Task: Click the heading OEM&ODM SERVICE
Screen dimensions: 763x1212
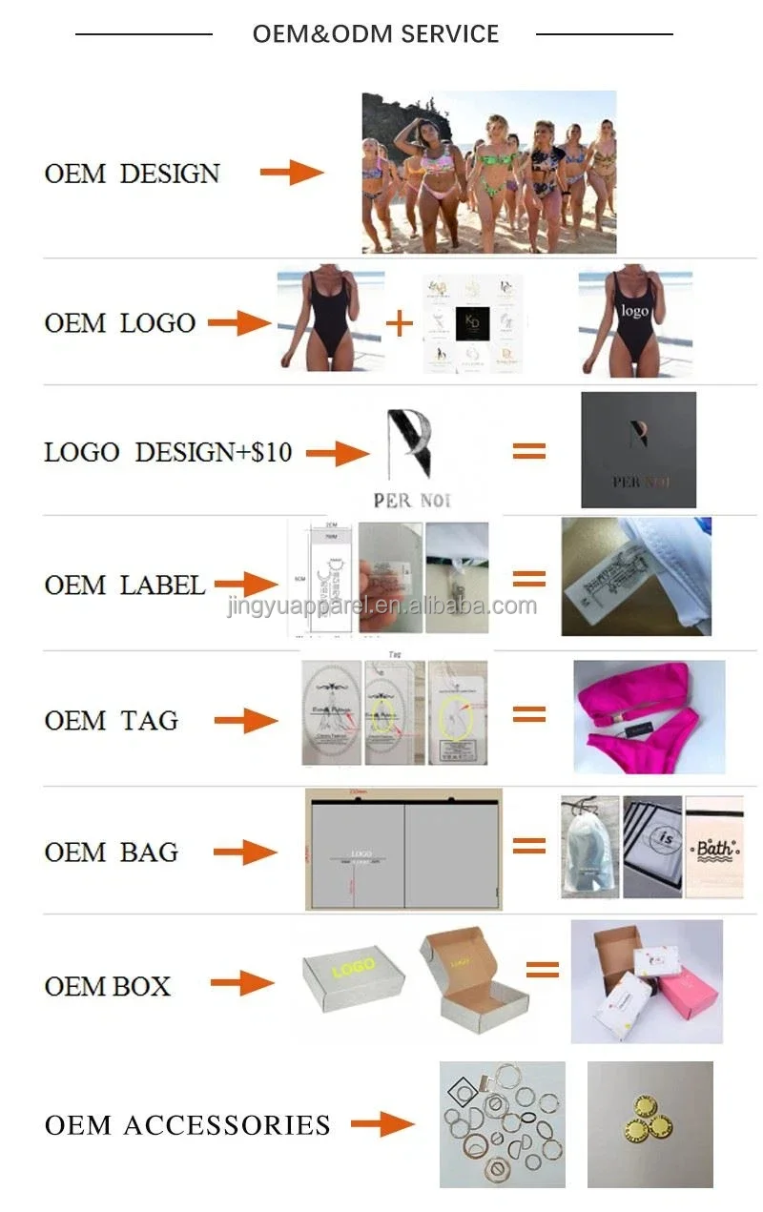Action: pyautogui.click(x=375, y=34)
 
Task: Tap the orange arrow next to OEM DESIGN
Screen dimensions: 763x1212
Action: pyautogui.click(x=292, y=173)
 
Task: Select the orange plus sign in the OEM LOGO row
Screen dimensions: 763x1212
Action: pyautogui.click(x=400, y=323)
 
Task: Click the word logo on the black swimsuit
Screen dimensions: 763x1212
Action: pyautogui.click(x=635, y=312)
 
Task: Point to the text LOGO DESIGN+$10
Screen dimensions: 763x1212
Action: pyautogui.click(x=168, y=452)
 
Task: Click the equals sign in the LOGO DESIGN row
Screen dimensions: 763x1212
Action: pyautogui.click(x=529, y=452)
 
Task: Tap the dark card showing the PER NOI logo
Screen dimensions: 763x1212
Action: pyautogui.click(x=638, y=450)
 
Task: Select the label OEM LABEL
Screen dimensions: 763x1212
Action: pyautogui.click(x=124, y=585)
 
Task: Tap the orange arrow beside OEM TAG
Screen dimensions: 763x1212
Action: pyautogui.click(x=245, y=721)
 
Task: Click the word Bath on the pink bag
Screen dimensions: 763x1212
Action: pyautogui.click(x=713, y=848)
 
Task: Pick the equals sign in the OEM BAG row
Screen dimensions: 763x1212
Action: pyautogui.click(x=529, y=845)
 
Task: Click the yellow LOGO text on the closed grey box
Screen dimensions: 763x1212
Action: pyautogui.click(x=353, y=968)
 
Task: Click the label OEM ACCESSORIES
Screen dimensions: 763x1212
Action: pyautogui.click(x=187, y=1125)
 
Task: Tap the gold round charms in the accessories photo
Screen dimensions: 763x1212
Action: pyautogui.click(x=651, y=1125)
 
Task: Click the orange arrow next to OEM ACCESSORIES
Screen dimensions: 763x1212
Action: pyautogui.click(x=381, y=1125)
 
